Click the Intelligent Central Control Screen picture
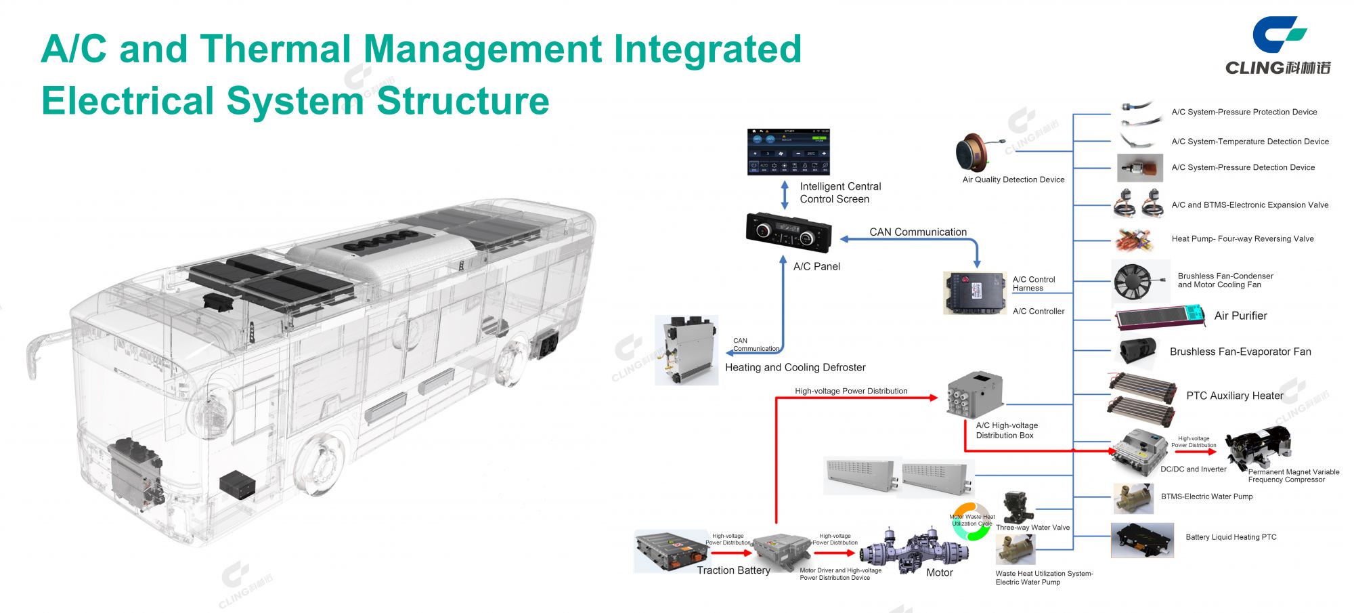(x=788, y=152)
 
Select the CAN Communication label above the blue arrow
(x=918, y=232)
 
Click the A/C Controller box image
(x=974, y=293)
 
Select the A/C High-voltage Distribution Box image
(x=975, y=396)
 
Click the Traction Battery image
(x=672, y=549)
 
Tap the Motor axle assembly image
(x=914, y=550)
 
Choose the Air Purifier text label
(x=1240, y=316)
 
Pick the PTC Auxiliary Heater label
(x=1234, y=396)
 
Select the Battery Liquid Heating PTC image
(x=1142, y=540)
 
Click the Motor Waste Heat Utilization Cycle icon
(x=972, y=522)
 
